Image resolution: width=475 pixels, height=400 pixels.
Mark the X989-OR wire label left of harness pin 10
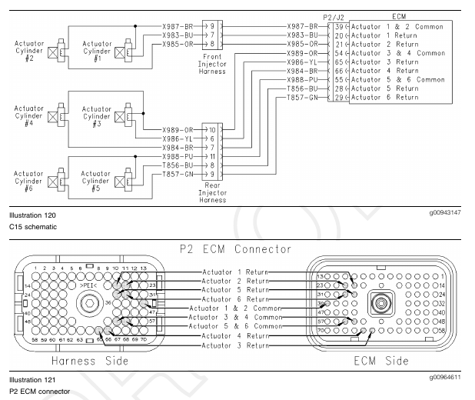tap(177, 129)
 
